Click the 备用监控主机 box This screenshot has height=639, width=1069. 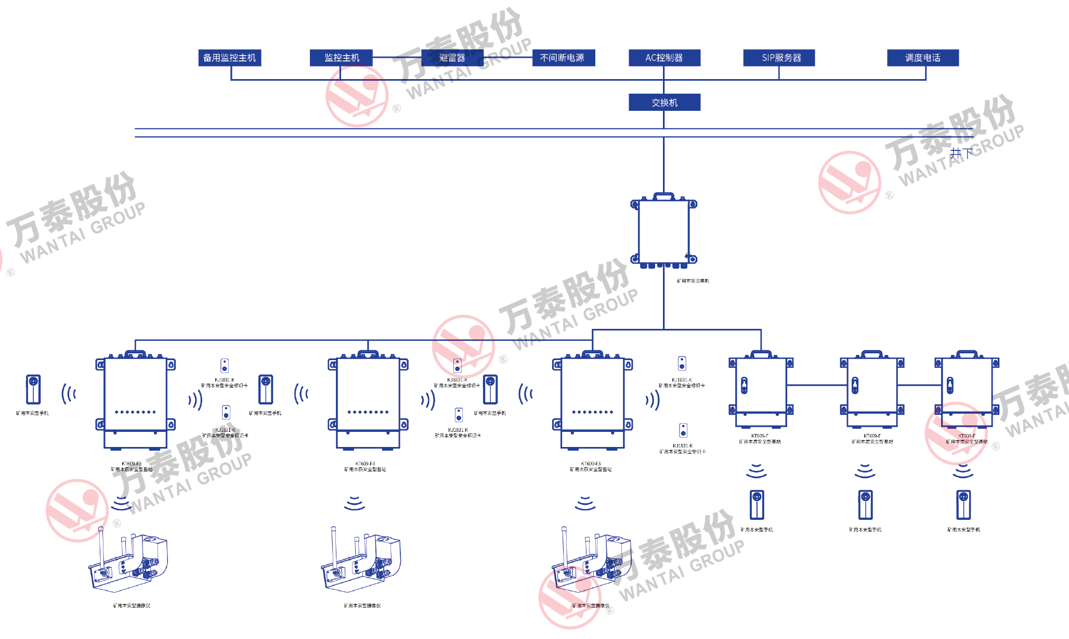point(229,58)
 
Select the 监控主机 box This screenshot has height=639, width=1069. point(341,58)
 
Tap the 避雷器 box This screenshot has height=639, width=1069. point(452,58)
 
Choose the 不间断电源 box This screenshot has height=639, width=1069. point(563,58)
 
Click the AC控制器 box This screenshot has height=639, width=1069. point(664,58)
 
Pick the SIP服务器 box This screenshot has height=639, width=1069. point(779,58)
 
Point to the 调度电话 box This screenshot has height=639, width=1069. point(922,58)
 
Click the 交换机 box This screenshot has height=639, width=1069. point(664,103)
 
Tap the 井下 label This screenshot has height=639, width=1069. point(961,154)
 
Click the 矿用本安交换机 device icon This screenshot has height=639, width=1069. point(664,232)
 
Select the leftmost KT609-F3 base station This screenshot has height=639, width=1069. point(135,401)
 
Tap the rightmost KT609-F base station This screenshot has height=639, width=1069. point(967,388)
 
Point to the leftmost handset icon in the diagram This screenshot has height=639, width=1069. point(33,389)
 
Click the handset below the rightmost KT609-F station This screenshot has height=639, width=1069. point(963,505)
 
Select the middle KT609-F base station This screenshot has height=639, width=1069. point(872,388)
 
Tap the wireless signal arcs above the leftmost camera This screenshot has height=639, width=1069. point(121,503)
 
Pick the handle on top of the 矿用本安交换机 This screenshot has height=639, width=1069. point(663,196)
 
